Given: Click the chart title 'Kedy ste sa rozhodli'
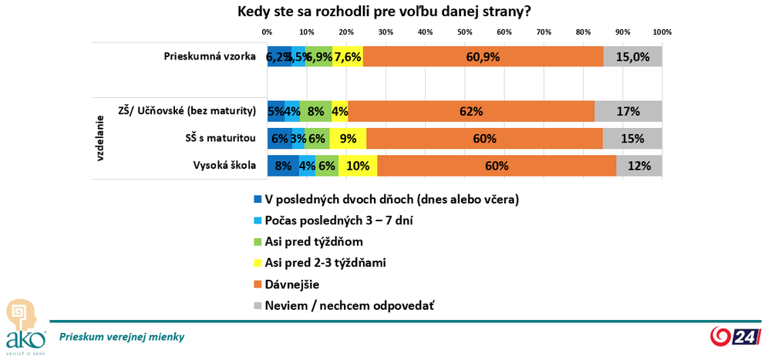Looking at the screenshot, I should point(384,12).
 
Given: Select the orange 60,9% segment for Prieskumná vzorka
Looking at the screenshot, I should point(483,56).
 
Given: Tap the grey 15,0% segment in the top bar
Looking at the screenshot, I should point(633,56).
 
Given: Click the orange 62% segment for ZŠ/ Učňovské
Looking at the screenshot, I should point(471,111).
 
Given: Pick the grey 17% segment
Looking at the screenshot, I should point(628,111).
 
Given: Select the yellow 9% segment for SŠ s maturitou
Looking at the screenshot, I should point(348,139).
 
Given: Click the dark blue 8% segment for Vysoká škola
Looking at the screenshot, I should point(283,166).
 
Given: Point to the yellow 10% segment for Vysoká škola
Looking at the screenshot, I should point(358,166).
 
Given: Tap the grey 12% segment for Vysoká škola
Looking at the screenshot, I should point(639,166).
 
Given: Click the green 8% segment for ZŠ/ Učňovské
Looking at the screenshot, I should point(315,111).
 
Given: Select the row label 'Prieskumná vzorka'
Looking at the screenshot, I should point(210,56).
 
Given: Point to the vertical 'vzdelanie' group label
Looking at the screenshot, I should point(101,139).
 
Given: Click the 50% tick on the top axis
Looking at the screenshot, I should point(465,32).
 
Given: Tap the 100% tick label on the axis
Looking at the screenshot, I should point(662,32).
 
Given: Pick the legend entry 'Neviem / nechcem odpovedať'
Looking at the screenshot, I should point(349,305).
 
